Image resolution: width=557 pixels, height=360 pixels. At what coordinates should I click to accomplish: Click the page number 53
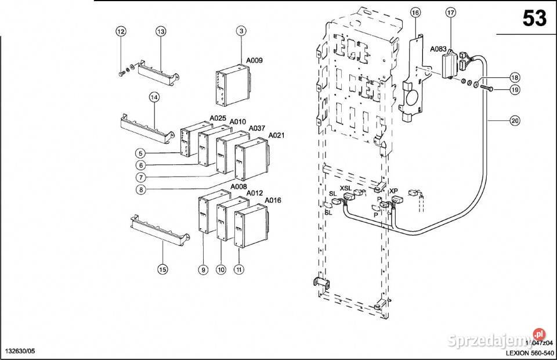pyautogui.click(x=534, y=19)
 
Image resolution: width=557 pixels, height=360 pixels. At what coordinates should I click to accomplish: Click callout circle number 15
pyautogui.click(x=162, y=269)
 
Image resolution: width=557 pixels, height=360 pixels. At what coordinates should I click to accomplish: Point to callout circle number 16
pyautogui.click(x=415, y=12)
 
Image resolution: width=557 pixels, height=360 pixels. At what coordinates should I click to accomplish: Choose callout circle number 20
pyautogui.click(x=514, y=121)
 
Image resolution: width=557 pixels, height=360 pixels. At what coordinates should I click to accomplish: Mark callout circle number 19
pyautogui.click(x=514, y=89)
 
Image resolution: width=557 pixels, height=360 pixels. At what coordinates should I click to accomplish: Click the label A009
pyautogui.click(x=255, y=60)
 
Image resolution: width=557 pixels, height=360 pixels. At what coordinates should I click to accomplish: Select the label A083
pyautogui.click(x=438, y=49)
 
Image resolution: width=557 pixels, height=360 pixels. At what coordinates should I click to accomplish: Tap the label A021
pyautogui.click(x=276, y=135)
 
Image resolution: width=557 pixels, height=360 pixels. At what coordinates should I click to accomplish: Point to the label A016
pyautogui.click(x=273, y=200)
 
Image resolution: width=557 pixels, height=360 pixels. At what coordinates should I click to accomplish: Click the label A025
pyautogui.click(x=218, y=118)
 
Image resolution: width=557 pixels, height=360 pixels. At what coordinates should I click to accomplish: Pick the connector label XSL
pyautogui.click(x=345, y=189)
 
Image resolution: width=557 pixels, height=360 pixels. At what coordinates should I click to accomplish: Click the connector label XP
pyautogui.click(x=394, y=190)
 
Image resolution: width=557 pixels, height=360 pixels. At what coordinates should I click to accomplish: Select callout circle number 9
pyautogui.click(x=202, y=269)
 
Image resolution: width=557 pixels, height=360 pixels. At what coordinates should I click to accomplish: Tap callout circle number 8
pyautogui.click(x=140, y=189)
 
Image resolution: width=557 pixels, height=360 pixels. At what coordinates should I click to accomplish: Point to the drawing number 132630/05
pyautogui.click(x=20, y=352)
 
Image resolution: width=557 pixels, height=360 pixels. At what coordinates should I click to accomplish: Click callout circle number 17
pyautogui.click(x=451, y=12)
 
